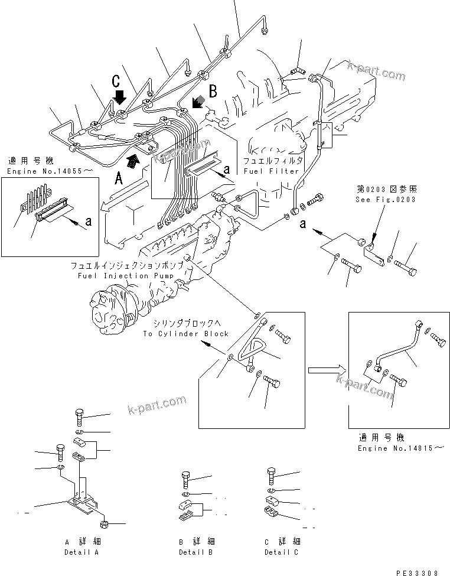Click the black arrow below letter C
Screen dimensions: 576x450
[120, 95]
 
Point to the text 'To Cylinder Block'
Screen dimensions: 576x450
[185, 334]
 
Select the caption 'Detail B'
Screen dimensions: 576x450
[195, 552]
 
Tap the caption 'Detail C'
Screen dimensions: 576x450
[281, 552]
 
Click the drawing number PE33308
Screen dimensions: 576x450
[417, 572]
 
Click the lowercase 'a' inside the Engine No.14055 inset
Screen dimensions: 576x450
[89, 222]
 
